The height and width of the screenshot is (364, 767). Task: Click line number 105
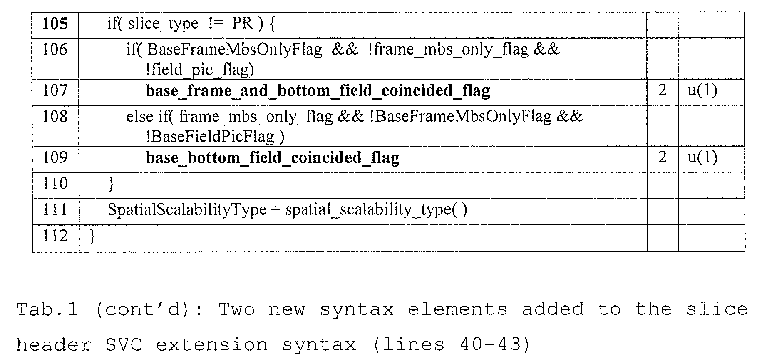click(55, 23)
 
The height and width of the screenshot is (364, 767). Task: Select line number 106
click(55, 50)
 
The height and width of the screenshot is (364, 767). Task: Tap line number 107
click(55, 90)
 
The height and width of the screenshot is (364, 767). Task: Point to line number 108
click(55, 116)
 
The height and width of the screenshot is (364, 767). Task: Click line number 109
click(55, 157)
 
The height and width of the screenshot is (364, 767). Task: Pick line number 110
click(55, 183)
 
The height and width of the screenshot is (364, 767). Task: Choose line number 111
click(55, 209)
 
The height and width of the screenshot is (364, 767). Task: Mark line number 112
click(55, 236)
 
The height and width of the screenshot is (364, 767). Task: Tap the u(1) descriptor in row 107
click(702, 90)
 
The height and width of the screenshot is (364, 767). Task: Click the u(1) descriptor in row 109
click(702, 157)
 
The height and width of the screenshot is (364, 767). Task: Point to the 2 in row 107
click(662, 90)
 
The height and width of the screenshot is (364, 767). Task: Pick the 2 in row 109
click(662, 157)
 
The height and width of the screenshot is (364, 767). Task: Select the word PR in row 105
click(242, 23)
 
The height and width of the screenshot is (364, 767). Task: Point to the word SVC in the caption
click(124, 345)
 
